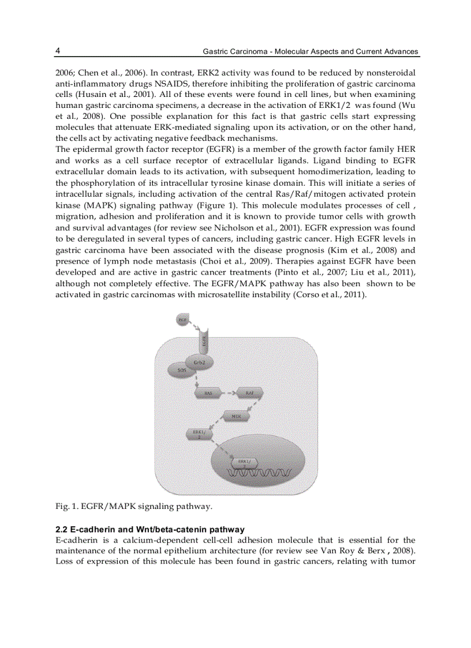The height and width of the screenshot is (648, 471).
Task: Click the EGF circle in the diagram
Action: (x=182, y=319)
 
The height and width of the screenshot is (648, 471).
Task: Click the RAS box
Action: (x=208, y=393)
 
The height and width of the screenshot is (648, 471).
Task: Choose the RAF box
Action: (x=250, y=393)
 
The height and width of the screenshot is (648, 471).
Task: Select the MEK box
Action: (x=236, y=415)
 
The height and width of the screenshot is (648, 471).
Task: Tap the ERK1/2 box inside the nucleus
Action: (x=244, y=462)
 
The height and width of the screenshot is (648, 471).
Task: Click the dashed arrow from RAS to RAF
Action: (x=229, y=393)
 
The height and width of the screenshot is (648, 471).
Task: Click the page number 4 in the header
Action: (x=58, y=51)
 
